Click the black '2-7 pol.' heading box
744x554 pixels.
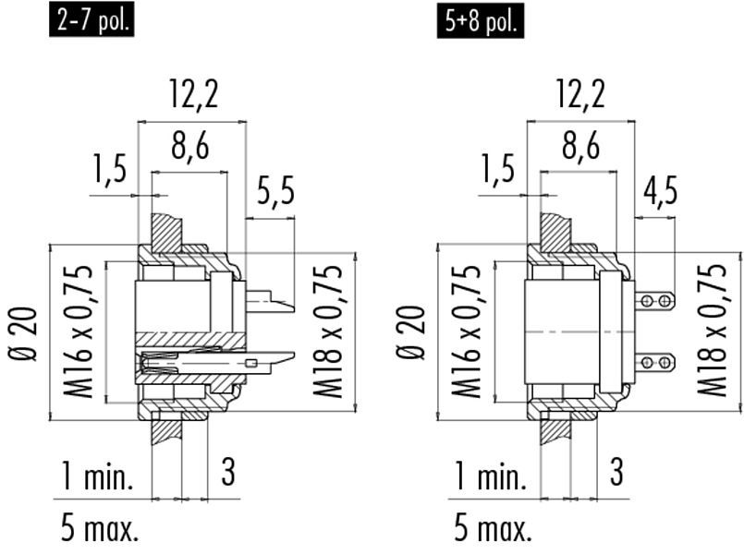point(91,21)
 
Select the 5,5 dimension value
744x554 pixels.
point(275,190)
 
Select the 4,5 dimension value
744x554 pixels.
point(661,190)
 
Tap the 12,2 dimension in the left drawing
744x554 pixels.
point(194,93)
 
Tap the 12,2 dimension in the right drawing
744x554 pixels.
point(580,93)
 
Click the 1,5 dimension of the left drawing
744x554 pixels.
point(110,169)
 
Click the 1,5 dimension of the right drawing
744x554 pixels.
point(498,169)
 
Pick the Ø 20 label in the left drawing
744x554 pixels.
point(24,334)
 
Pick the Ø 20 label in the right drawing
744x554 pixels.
point(411,333)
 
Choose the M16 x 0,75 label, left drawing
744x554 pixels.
point(79,332)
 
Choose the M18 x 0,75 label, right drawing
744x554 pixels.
point(713,331)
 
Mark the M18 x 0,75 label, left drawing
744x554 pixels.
point(327,331)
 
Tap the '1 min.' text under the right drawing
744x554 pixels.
point(491,476)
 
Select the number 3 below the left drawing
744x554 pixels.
point(228,472)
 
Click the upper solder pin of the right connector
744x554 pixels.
point(654,300)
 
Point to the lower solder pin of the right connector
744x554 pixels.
point(654,363)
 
